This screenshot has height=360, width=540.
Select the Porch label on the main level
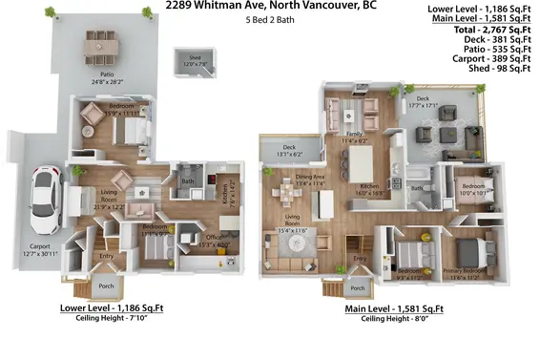[358, 287]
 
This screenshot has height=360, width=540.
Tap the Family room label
[355, 136]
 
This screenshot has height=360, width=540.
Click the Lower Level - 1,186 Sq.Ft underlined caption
[113, 307]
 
